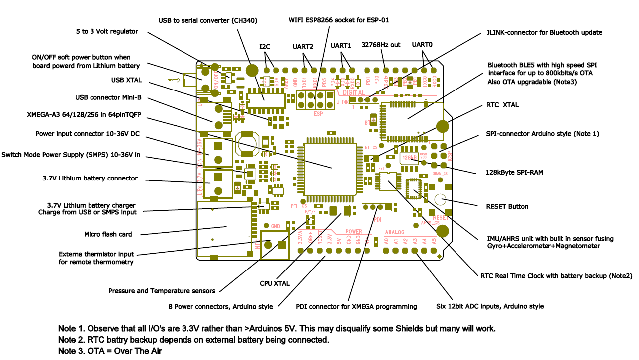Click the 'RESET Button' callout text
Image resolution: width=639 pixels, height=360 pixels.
click(507, 206)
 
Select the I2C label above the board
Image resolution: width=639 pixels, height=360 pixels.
click(265, 47)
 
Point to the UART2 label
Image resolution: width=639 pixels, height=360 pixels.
click(303, 47)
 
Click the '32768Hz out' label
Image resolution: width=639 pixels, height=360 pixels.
click(380, 45)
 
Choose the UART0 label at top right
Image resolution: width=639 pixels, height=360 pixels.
click(422, 45)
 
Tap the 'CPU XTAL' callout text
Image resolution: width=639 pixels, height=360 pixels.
click(274, 283)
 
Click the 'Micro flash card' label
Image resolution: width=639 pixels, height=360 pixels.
click(107, 234)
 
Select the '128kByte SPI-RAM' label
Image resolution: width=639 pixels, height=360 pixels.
click(514, 172)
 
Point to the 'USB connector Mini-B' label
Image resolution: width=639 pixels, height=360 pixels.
click(108, 97)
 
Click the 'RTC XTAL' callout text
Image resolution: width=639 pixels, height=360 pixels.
click(502, 106)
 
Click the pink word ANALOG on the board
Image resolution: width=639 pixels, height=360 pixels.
click(395, 232)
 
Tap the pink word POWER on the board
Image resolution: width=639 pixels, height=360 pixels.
click(354, 232)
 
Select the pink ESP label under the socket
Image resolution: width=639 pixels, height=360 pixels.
click(318, 113)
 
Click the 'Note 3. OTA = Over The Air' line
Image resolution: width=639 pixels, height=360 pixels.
click(110, 351)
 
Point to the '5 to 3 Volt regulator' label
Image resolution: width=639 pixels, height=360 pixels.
click(107, 31)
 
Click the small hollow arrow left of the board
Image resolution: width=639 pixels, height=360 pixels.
click(174, 80)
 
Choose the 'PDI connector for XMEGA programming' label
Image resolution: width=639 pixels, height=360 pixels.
click(356, 307)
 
